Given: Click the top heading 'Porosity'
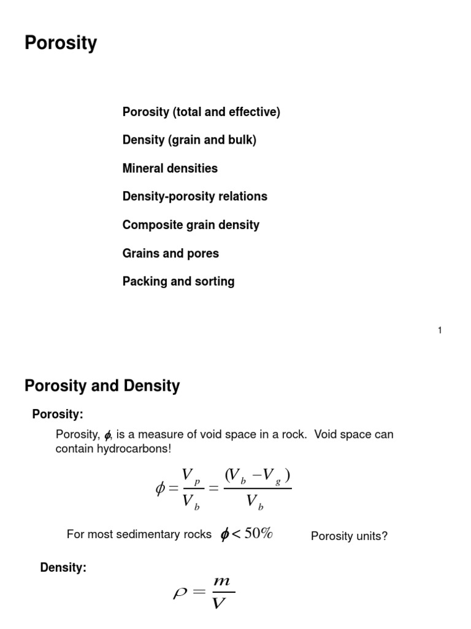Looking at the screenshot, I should click(61, 44).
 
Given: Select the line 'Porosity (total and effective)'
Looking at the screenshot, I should click(201, 112).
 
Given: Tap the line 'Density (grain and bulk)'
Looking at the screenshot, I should click(189, 140).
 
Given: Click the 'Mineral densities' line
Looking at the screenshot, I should click(170, 168).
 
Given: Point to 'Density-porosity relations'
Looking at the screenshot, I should click(194, 197).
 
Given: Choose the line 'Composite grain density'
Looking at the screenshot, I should click(191, 225).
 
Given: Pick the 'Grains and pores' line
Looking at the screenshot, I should click(170, 253).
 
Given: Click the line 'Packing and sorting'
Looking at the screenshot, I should click(178, 281).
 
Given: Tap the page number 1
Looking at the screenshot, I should click(440, 330).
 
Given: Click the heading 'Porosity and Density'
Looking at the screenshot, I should click(102, 386).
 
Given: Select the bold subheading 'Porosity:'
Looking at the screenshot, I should click(58, 415).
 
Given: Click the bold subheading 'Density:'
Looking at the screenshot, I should click(63, 568).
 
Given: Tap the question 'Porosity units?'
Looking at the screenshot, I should click(349, 536).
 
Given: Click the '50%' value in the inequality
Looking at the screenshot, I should click(258, 534).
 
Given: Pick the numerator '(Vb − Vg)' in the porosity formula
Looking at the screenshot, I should click(257, 477).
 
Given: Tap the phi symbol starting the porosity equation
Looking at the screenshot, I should click(161, 490).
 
